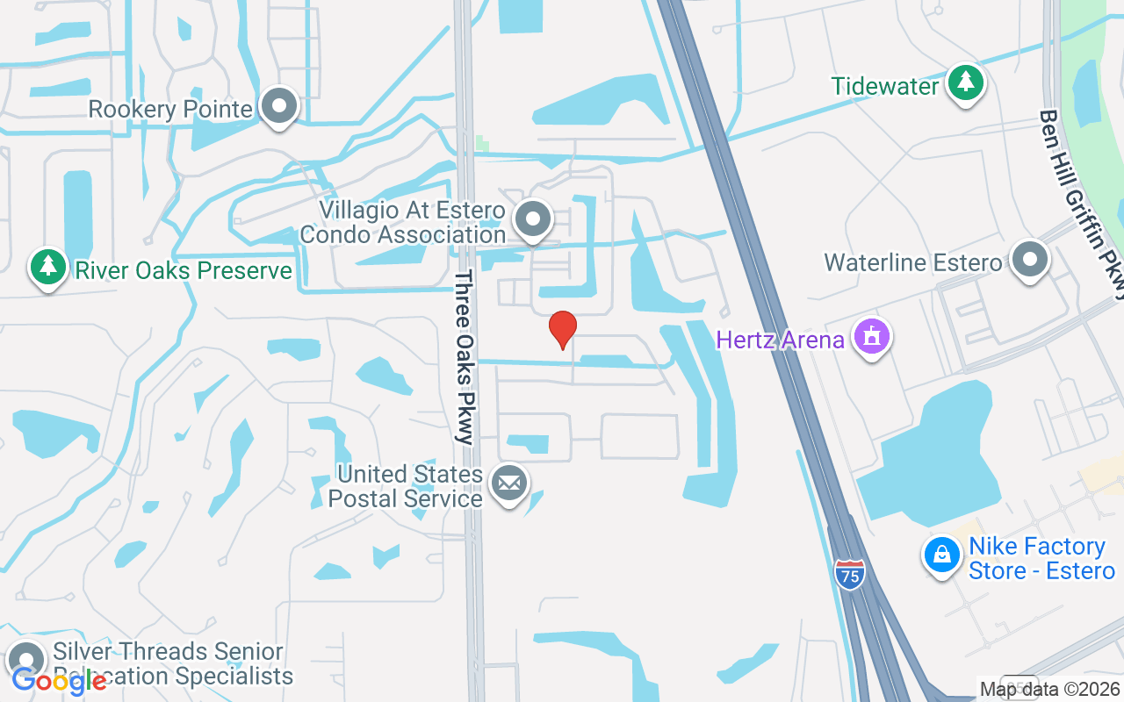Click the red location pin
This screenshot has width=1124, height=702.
[562, 329]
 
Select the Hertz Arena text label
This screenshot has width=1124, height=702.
[780, 340]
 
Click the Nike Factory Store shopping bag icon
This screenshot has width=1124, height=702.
[941, 555]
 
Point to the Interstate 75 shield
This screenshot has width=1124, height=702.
[849, 574]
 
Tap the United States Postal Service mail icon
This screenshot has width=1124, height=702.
[508, 483]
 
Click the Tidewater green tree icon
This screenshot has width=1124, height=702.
[966, 83]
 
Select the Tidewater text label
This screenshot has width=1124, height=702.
[885, 86]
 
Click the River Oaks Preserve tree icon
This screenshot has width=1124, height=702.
[47, 268]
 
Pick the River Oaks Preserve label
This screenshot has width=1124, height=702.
[184, 270]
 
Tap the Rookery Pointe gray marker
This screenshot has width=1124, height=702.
[280, 105]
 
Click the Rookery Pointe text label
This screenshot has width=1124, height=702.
[171, 110]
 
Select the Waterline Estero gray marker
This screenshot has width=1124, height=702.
[1030, 260]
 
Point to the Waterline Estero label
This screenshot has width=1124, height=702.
[912, 262]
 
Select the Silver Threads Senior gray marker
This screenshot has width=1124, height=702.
[26, 661]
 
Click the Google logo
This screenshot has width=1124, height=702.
[58, 680]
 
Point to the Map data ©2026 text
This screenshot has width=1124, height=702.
[1050, 690]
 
